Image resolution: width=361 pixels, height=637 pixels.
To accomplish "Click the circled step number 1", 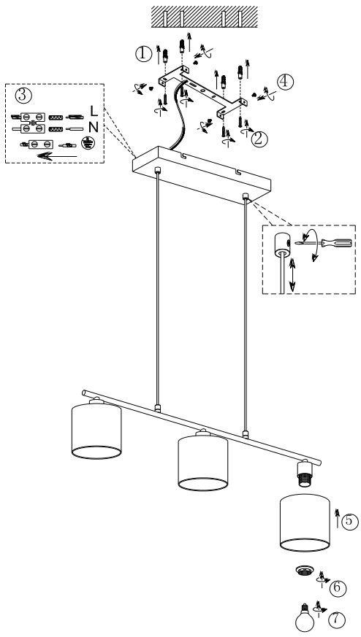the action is [x=143, y=54].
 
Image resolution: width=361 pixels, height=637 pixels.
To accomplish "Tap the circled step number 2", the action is [x=259, y=139].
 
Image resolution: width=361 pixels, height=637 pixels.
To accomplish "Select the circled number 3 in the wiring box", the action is [x=23, y=95].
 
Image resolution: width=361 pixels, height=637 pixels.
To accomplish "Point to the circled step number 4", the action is [x=285, y=82].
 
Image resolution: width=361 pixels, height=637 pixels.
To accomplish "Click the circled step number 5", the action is [x=350, y=522].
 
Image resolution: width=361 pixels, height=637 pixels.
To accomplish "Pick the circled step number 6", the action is [x=338, y=588].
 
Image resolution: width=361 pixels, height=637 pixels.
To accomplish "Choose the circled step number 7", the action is [x=337, y=619].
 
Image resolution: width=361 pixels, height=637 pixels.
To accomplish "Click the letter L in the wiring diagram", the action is [x=94, y=110].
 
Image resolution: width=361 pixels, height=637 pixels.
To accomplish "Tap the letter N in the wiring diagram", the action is [x=94, y=128].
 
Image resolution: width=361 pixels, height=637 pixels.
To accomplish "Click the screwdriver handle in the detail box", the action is [x=337, y=243].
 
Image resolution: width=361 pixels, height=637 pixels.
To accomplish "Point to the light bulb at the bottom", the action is [x=305, y=618].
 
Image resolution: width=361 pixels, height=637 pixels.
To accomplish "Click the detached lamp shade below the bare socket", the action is [x=305, y=523].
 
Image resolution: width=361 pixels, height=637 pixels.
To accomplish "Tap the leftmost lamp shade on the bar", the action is [x=96, y=431].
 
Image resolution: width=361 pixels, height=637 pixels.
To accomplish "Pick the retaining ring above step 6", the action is [x=303, y=571].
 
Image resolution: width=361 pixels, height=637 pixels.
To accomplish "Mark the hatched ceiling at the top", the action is [x=205, y=17].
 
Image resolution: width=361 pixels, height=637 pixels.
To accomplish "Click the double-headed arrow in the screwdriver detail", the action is [x=292, y=275].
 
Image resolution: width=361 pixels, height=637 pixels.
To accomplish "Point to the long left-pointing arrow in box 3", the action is [x=56, y=156].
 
